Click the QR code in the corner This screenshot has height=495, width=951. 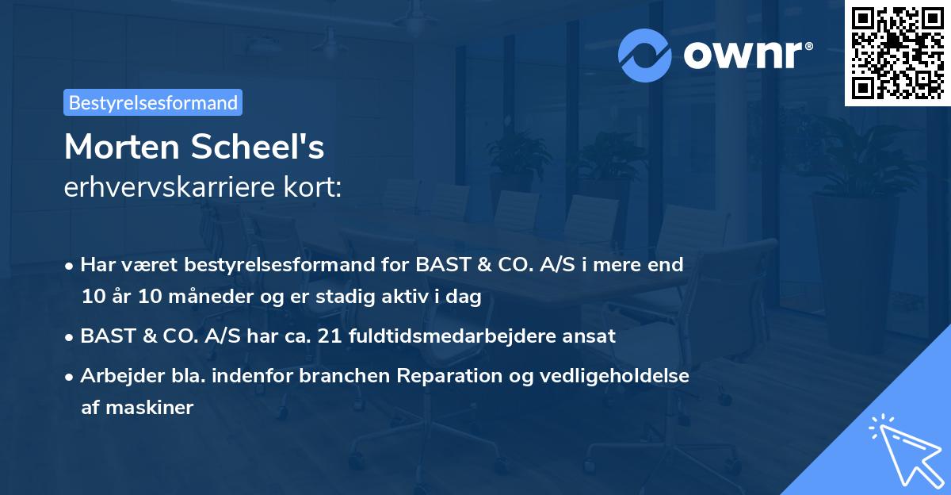tap(897, 52)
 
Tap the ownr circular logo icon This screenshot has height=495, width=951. tap(645, 56)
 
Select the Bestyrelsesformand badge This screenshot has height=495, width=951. tap(153, 102)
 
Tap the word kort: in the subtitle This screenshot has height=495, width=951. tap(313, 187)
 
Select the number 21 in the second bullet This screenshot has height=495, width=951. tap(327, 336)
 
